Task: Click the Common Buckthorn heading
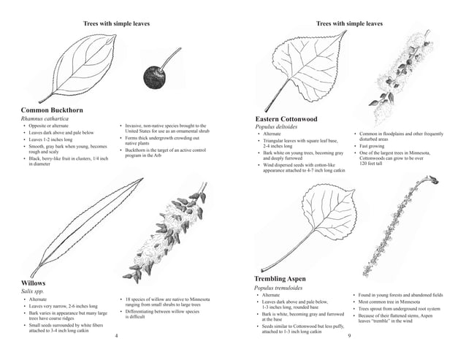(52, 110)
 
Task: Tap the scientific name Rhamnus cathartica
(45, 119)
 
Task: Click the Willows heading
(34, 282)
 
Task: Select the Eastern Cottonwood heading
(286, 118)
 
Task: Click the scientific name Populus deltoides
(277, 127)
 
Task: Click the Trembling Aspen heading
(280, 280)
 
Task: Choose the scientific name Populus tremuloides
(280, 288)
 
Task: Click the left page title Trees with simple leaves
(117, 23)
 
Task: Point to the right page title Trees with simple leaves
(349, 23)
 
